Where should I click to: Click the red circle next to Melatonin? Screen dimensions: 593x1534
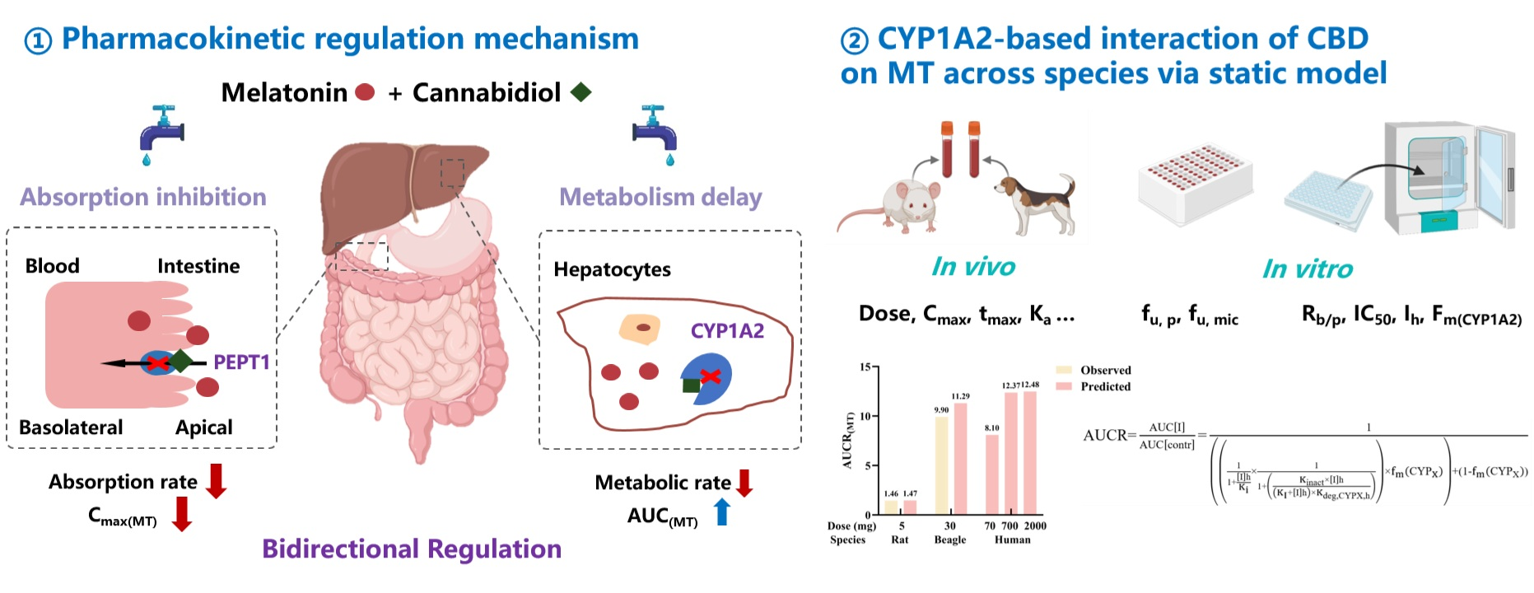(365, 92)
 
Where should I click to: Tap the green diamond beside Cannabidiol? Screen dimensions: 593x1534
(581, 92)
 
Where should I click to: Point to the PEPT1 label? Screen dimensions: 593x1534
(241, 362)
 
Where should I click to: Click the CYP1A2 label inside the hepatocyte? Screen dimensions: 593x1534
(727, 331)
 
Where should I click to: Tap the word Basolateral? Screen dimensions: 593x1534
(71, 427)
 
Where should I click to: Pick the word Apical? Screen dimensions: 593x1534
(203, 427)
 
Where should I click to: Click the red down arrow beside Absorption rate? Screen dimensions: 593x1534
(216, 481)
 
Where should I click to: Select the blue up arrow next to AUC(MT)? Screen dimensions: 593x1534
(722, 511)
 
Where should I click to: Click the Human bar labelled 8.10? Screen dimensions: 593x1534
(992, 474)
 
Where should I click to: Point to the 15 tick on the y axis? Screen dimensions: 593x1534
(865, 367)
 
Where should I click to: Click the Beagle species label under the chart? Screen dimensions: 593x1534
(949, 539)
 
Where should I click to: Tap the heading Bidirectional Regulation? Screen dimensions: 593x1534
(412, 549)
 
